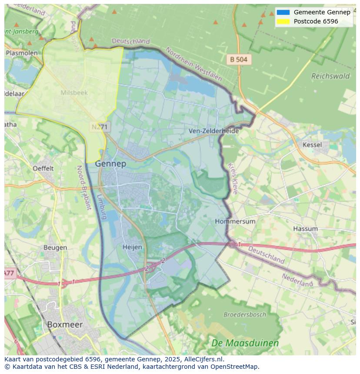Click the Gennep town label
pos(110,164)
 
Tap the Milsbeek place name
pos(74,93)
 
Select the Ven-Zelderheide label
pos(213,131)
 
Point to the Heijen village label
pos(132,247)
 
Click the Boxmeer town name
pos(64,324)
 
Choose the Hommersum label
pos(235,222)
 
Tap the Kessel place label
pos(312,145)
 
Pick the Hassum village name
pos(305,228)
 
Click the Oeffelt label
pos(43,168)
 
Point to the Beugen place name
pos(55,248)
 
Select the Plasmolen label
pos(21,53)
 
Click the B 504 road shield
pos(239,60)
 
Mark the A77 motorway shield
pos(9,273)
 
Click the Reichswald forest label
pos(330,76)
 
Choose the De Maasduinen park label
pos(245,343)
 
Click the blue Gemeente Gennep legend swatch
pos(283,12)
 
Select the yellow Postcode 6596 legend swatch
pos(283,21)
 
